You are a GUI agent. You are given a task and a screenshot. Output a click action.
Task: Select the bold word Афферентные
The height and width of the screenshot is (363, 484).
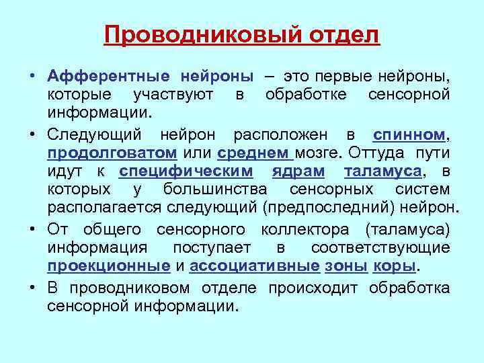(x=107, y=76)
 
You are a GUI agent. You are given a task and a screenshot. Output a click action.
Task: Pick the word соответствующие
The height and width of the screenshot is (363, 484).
(x=380, y=247)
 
